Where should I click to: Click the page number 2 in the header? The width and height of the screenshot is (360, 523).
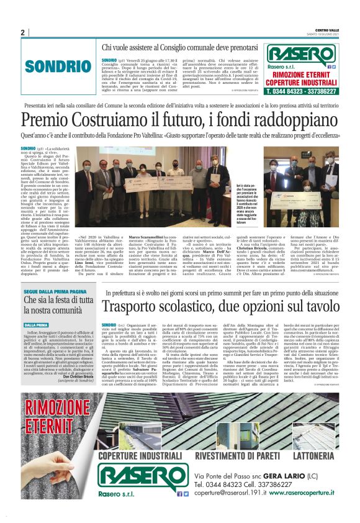(x=22, y=32)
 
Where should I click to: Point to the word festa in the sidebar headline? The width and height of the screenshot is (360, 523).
(x=65, y=301)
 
